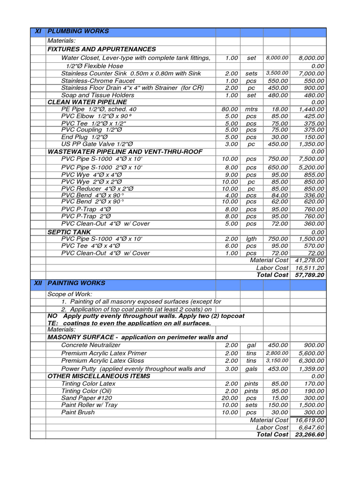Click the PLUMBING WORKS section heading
point(78,31)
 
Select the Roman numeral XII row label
point(38,283)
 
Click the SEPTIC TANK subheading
point(69,232)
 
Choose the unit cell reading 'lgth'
point(251,239)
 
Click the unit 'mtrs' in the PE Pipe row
point(251,109)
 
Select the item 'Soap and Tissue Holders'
point(97,95)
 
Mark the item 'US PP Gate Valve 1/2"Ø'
point(97,144)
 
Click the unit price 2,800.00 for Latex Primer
point(277,353)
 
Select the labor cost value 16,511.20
point(310,268)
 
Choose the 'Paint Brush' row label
point(78,412)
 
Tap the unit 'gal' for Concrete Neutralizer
point(251,345)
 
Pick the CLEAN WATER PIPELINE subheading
point(87,102)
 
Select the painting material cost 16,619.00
point(310,420)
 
